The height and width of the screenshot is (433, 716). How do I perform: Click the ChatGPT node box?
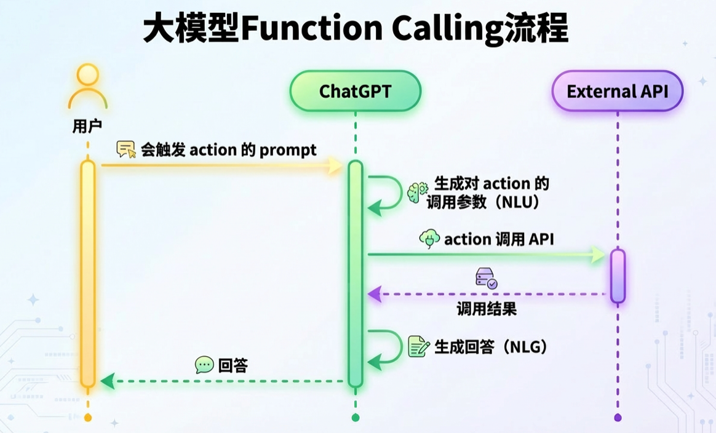pyautogui.click(x=355, y=92)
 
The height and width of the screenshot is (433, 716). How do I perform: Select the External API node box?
pyautogui.click(x=617, y=92)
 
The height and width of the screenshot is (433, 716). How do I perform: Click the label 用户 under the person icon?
pyautogui.click(x=87, y=127)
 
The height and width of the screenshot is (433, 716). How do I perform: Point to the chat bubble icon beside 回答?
pyautogui.click(x=204, y=365)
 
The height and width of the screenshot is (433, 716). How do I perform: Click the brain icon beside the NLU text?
pyautogui.click(x=418, y=192)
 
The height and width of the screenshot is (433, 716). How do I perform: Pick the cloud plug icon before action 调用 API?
pyautogui.click(x=429, y=239)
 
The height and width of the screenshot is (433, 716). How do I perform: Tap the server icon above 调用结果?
pyautogui.click(x=486, y=279)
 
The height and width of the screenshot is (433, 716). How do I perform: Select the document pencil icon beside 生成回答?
pyautogui.click(x=419, y=346)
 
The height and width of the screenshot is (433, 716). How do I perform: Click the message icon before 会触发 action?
pyautogui.click(x=126, y=149)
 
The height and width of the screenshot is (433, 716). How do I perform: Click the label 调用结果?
pyautogui.click(x=486, y=309)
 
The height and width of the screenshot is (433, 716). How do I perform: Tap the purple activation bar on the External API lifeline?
pyautogui.click(x=618, y=276)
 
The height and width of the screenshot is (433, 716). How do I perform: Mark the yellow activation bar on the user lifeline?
pyautogui.click(x=88, y=274)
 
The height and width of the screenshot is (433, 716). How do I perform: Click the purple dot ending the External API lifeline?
pyautogui.click(x=618, y=418)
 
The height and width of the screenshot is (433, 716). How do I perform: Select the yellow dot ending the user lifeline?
pyautogui.click(x=88, y=418)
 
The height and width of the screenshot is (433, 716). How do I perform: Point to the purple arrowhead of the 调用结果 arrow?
pyautogui.click(x=374, y=295)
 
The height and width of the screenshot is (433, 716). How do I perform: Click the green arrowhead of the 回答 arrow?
pyautogui.click(x=107, y=381)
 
